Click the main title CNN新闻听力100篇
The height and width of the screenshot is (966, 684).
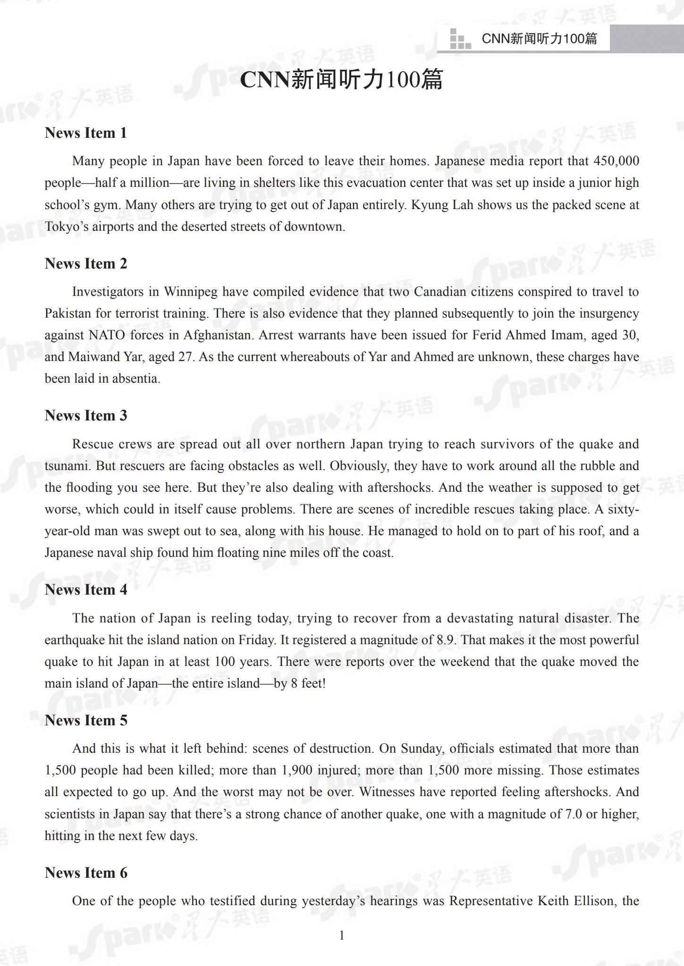[341, 79]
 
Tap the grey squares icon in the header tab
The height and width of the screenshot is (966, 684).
[460, 39]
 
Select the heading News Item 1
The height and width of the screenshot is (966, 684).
[85, 133]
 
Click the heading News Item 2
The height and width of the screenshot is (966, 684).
[85, 263]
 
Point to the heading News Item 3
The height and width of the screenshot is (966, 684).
[85, 415]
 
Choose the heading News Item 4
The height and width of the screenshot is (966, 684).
[85, 589]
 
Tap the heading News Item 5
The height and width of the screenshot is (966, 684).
[85, 720]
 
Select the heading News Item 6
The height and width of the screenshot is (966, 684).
[85, 873]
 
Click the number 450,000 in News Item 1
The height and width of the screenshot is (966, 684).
[616, 161]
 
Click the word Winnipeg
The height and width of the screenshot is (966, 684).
[191, 292]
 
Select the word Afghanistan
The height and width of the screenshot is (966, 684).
[217, 335]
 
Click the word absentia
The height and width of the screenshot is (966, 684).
[135, 378]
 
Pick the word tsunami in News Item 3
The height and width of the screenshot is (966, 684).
[68, 466]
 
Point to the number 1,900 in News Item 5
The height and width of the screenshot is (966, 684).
[297, 770]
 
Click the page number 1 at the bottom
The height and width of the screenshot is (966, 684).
[342, 935]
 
